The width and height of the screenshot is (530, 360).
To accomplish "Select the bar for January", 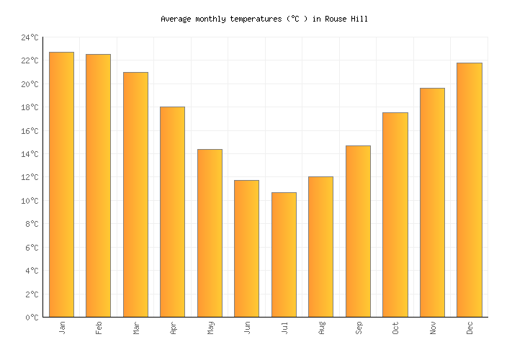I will click(61, 184).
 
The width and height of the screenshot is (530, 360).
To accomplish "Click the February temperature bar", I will click(98, 186).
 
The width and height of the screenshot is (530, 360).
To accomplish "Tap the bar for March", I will click(135, 194).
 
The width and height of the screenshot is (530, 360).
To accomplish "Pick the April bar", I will click(172, 212).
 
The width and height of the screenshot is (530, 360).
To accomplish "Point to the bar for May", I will click(210, 233).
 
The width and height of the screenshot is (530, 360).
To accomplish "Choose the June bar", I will click(246, 248).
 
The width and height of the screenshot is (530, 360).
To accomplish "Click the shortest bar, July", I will click(284, 254).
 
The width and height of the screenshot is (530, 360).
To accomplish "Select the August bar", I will click(320, 246).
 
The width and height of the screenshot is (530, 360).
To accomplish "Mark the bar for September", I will click(358, 231).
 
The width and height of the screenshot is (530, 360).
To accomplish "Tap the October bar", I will click(395, 215).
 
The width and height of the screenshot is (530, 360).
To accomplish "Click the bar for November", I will click(432, 202).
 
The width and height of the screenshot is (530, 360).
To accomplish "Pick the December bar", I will click(469, 189).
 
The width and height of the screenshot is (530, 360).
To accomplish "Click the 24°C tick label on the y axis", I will click(30, 37).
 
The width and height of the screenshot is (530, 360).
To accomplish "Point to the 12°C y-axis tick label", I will click(30, 178).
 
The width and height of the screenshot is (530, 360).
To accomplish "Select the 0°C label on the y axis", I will click(32, 318).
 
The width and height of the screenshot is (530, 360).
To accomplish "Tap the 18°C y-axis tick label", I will click(30, 108).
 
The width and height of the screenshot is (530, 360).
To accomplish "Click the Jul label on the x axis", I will click(284, 328).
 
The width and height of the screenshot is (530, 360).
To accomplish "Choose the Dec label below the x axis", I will click(470, 328).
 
